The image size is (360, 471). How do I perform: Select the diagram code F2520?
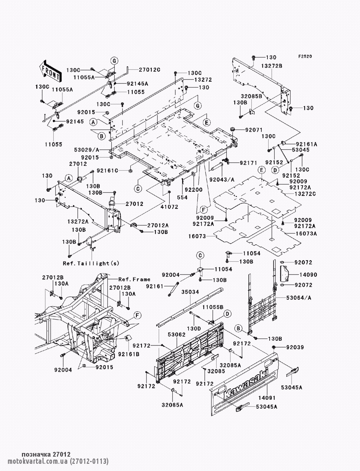pos(304,56)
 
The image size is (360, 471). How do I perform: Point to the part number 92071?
pos(254,130)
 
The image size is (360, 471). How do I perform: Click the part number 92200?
pos(194,190)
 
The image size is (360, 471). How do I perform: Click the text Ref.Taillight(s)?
pos(91,263)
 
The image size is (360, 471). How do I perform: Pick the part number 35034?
pos(190,292)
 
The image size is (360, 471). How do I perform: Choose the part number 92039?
pos(295,347)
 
